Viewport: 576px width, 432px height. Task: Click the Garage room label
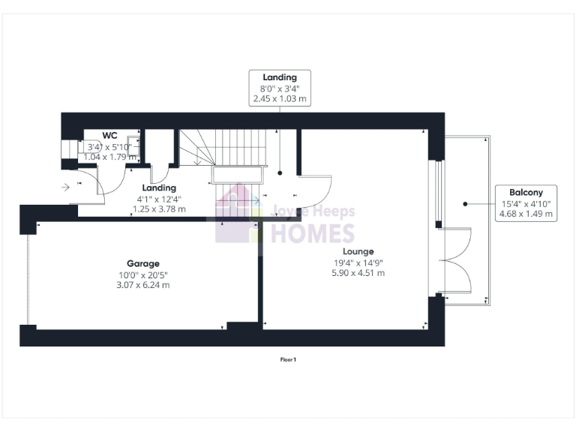tap(142, 263)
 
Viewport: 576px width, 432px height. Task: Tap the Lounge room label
tap(358, 251)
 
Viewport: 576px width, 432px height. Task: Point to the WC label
tap(110, 136)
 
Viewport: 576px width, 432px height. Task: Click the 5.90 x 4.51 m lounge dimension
tap(358, 273)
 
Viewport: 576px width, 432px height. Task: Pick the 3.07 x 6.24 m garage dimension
tap(142, 285)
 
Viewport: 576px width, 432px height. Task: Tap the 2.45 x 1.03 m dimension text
tap(280, 98)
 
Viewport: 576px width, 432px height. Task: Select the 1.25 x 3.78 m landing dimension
tap(159, 209)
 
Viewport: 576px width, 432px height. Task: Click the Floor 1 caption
tap(288, 360)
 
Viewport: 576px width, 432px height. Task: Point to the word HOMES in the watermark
tap(313, 233)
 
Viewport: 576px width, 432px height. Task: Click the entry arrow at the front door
tap(66, 186)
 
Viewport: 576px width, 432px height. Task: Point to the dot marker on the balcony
tap(465, 203)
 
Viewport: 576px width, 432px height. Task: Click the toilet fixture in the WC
tap(73, 151)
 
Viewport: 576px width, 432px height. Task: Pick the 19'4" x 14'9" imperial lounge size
tap(358, 262)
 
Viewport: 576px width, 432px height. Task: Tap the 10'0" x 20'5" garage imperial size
tap(142, 274)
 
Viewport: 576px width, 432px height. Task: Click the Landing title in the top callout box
tap(280, 76)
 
